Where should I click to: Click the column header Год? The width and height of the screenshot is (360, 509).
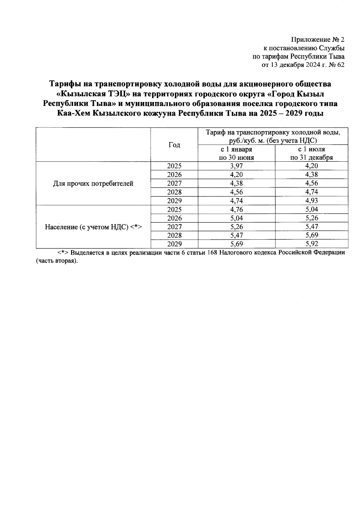click(x=174, y=145)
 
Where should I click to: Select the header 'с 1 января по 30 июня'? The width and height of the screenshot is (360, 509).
click(x=236, y=153)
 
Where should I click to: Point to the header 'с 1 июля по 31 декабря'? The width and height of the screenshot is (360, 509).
click(x=311, y=153)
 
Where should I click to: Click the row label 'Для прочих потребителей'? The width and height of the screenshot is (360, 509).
click(x=93, y=184)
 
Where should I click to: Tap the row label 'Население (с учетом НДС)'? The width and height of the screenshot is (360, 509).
click(x=93, y=227)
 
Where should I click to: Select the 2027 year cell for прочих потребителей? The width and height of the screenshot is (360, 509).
click(x=174, y=184)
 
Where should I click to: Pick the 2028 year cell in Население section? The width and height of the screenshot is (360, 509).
click(x=174, y=235)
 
